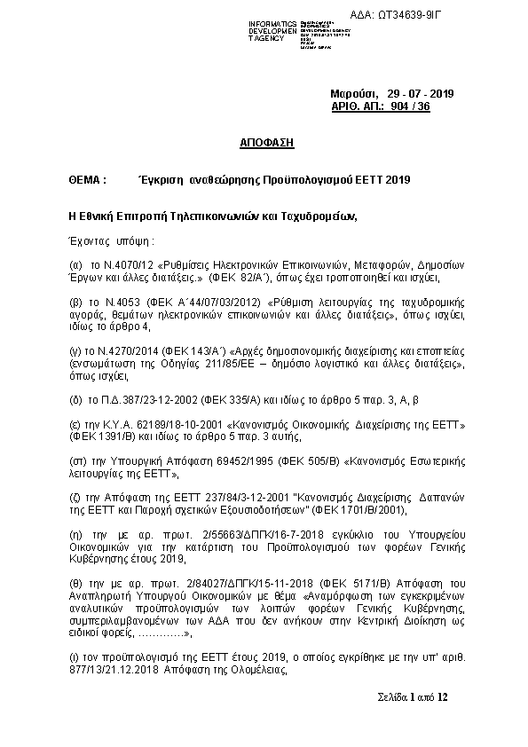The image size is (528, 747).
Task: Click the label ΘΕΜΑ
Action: (x=87, y=179)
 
